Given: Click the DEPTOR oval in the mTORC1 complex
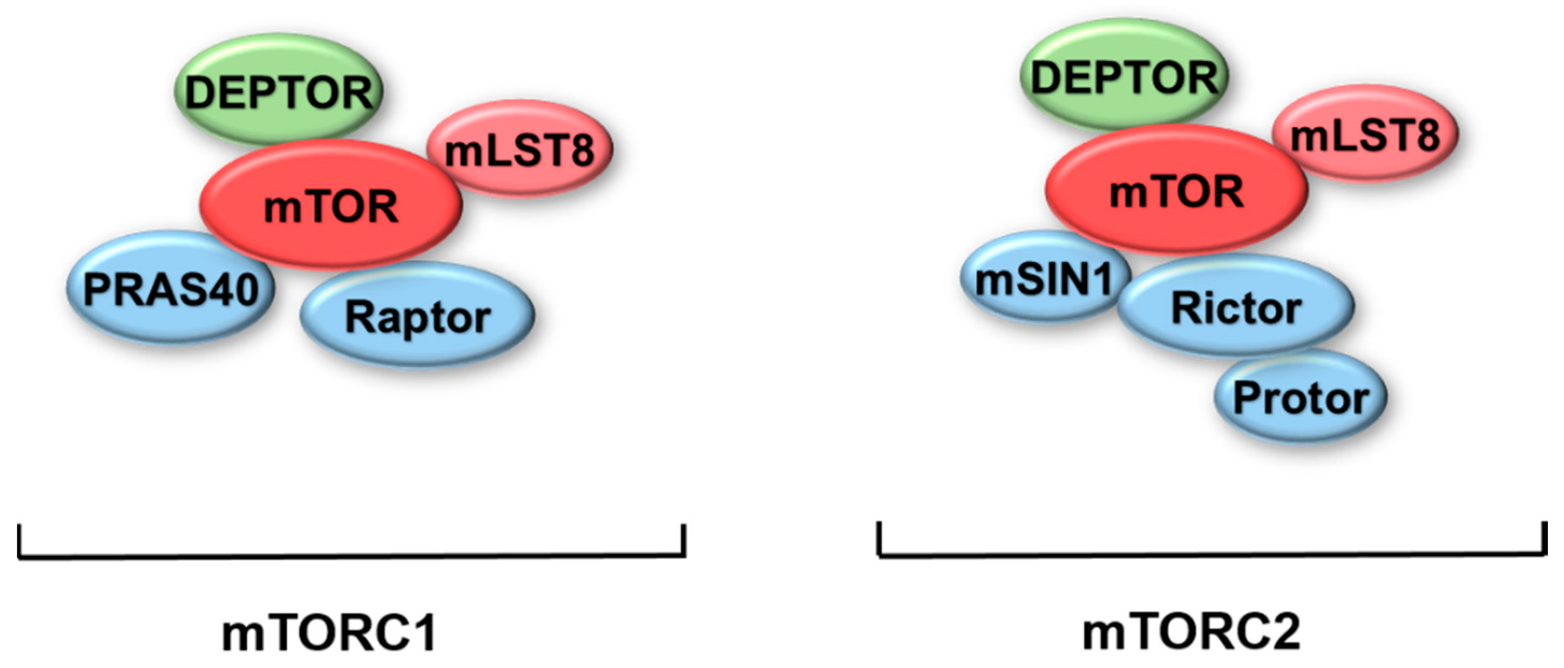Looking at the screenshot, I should pyautogui.click(x=279, y=91).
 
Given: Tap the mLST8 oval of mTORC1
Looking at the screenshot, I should pyautogui.click(x=520, y=149).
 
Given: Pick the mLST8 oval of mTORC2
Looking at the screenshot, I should pyautogui.click(x=1365, y=134).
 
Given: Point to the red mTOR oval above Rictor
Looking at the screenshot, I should pyautogui.click(x=1176, y=191).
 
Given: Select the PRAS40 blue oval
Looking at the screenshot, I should pyautogui.click(x=171, y=289).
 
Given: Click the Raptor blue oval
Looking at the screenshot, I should pyautogui.click(x=418, y=316).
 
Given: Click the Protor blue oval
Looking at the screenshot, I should pyautogui.click(x=1300, y=398).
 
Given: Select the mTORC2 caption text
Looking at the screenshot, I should pyautogui.click(x=1191, y=632).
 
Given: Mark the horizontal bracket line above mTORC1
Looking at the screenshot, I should pyautogui.click(x=352, y=555).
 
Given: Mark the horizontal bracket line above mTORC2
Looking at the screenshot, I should pyautogui.click(x=1212, y=554).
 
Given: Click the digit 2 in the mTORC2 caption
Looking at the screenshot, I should pyautogui.click(x=1282, y=632).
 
